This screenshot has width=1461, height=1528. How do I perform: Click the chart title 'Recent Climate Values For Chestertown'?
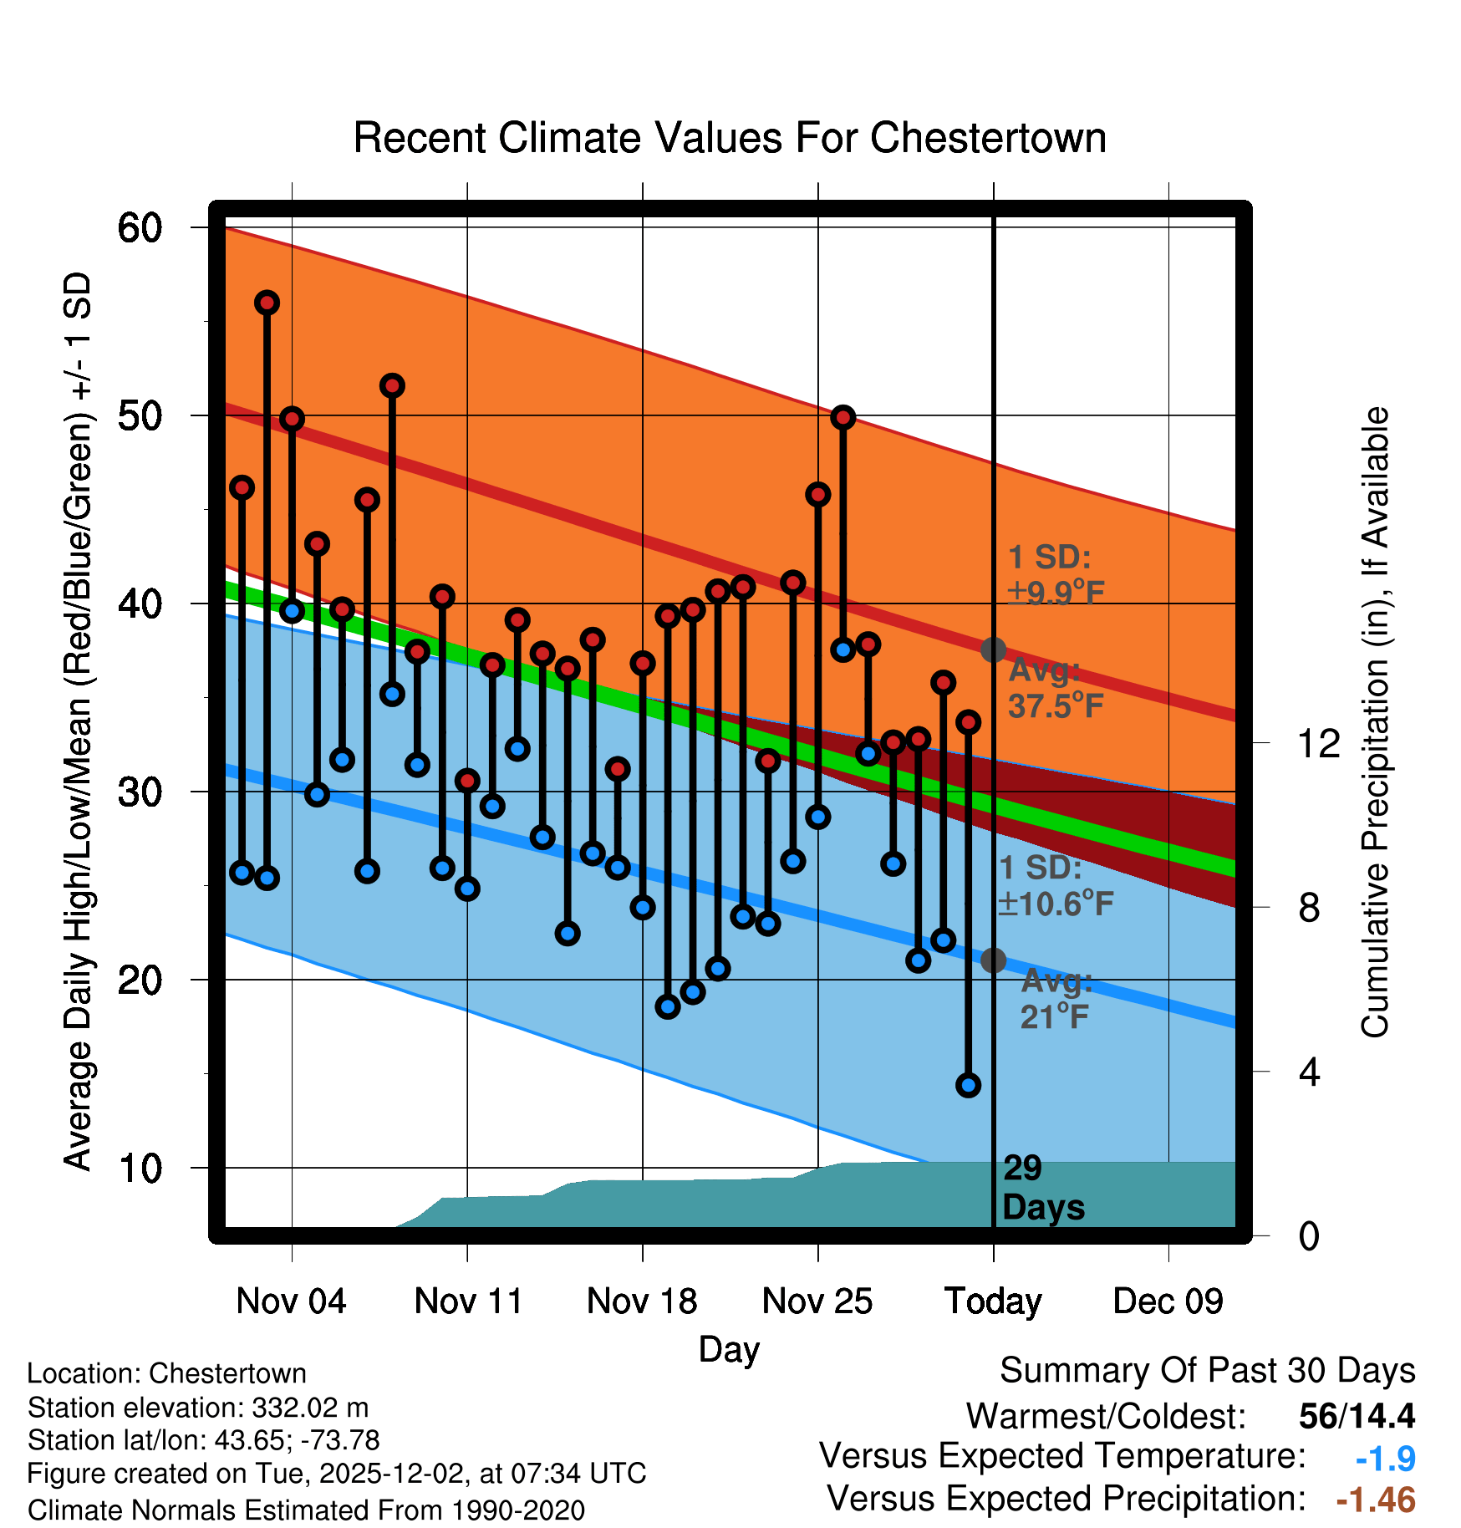[x=730, y=138]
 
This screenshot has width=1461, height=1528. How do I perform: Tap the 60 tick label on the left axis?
[x=140, y=227]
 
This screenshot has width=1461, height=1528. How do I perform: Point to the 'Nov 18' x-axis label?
[x=642, y=1301]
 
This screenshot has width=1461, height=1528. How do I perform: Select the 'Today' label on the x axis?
[x=993, y=1301]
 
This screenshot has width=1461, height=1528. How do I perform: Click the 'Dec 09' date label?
[x=1168, y=1301]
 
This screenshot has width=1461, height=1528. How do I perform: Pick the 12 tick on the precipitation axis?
[x=1318, y=743]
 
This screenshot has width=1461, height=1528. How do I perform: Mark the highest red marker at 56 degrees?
[x=267, y=303]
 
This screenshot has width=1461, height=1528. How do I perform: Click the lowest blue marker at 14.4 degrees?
[x=969, y=1085]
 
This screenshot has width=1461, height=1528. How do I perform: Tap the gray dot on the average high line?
[x=993, y=649]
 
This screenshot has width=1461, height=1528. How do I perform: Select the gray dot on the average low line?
[x=993, y=960]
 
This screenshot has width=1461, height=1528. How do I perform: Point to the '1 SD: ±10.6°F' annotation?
[x=1055, y=886]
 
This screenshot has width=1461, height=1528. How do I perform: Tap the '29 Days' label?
[x=1042, y=1188]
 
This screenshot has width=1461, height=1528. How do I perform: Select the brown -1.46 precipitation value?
[x=1376, y=1500]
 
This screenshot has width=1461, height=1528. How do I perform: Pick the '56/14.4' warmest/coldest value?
[x=1357, y=1416]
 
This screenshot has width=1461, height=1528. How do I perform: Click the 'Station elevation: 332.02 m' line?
[x=198, y=1408]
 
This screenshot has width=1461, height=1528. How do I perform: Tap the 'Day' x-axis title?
[x=729, y=1349]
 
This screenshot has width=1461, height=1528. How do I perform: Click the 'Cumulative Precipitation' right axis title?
[x=1374, y=722]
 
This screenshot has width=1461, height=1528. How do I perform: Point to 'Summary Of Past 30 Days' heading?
[x=1207, y=1371]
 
